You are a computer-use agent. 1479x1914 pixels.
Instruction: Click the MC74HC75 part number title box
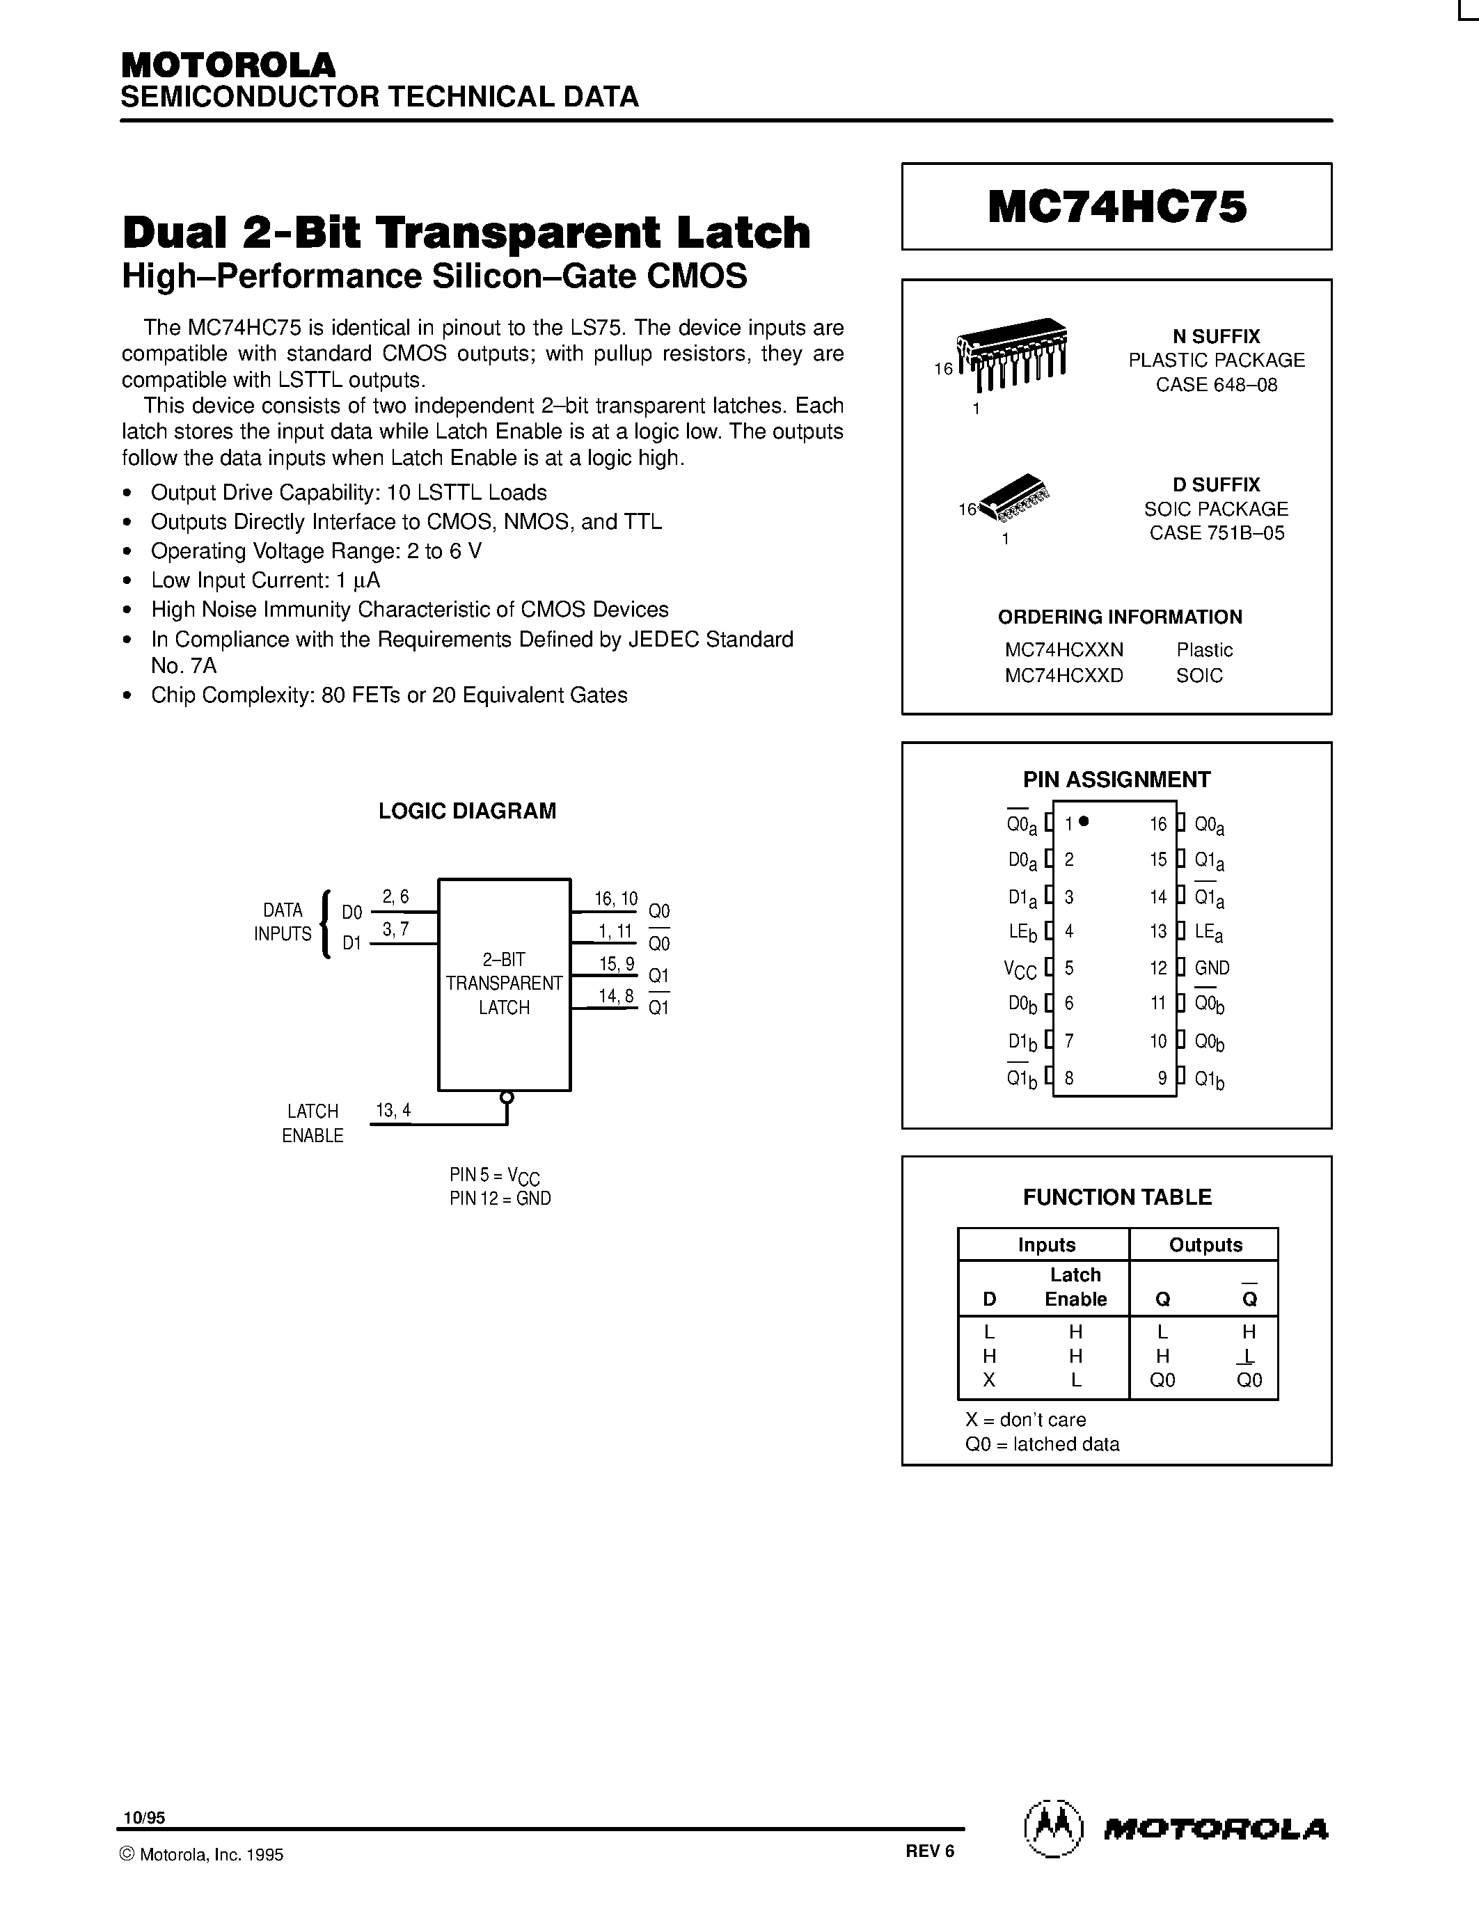1116,207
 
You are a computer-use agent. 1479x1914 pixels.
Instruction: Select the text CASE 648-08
1216,385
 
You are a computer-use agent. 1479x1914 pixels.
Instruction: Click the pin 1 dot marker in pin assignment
1085,821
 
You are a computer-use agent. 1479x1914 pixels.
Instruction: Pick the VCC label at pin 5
1020,970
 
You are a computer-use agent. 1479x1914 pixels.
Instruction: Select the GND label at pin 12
1212,968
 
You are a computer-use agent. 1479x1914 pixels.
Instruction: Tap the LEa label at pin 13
1208,933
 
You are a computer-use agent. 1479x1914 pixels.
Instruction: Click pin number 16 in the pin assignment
1158,825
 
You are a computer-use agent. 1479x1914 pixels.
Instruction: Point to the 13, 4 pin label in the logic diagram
393,1110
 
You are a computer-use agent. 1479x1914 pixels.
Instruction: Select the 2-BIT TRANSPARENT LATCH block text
504,983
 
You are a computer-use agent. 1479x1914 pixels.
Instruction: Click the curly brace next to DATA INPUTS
326,924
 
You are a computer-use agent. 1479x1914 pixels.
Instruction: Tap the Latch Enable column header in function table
1075,1286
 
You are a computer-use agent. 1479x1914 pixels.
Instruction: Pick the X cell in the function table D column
989,1379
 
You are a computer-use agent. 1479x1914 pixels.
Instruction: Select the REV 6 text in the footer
930,1851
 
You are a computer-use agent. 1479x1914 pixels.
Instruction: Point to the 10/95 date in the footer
143,1819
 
